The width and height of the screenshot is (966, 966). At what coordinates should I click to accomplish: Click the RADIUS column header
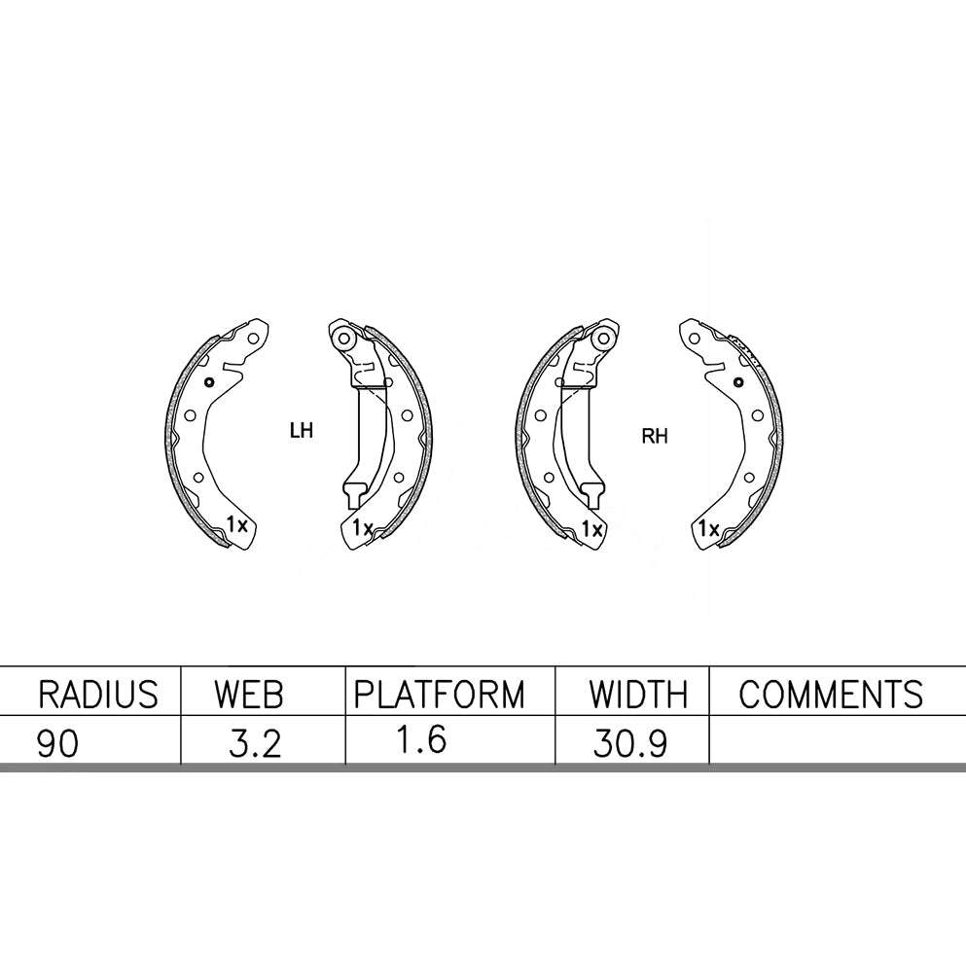pyautogui.click(x=96, y=695)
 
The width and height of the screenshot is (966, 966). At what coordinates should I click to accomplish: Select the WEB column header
pyautogui.click(x=249, y=695)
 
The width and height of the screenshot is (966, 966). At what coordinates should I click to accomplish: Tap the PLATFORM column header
pyautogui.click(x=438, y=695)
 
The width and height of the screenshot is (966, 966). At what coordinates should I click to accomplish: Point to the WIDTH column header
pyautogui.click(x=637, y=695)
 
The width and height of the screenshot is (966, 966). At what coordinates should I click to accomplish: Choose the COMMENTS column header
pyautogui.click(x=831, y=695)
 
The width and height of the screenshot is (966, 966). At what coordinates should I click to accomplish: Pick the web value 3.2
pyautogui.click(x=254, y=743)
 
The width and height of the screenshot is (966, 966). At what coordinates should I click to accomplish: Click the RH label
pyautogui.click(x=655, y=437)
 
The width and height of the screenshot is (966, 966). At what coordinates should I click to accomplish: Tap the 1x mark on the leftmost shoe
pyautogui.click(x=238, y=525)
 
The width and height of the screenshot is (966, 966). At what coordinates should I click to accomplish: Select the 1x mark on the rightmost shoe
pyautogui.click(x=709, y=529)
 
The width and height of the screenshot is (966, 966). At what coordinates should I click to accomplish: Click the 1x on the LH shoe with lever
pyautogui.click(x=363, y=529)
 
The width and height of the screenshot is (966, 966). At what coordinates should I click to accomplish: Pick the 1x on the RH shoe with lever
pyautogui.click(x=590, y=529)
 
